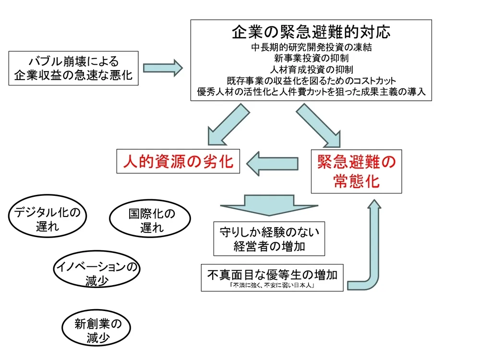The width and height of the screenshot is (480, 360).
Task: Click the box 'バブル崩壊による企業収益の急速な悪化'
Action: [x=73, y=68]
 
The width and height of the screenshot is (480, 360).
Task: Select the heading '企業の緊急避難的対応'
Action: [x=311, y=32]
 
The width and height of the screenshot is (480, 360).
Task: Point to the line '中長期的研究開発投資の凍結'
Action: [x=311, y=48]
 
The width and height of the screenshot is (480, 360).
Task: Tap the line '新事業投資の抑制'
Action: [x=311, y=59]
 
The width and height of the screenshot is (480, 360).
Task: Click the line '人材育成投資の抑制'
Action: [x=311, y=70]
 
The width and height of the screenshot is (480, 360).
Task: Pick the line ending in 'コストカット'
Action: [x=311, y=81]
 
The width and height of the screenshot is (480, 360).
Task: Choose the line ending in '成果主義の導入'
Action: [x=311, y=91]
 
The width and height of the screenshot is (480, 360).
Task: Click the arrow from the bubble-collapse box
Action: [x=163, y=67]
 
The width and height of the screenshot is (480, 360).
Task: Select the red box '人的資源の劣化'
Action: [x=178, y=162]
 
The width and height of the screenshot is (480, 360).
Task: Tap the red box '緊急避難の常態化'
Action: [x=356, y=171]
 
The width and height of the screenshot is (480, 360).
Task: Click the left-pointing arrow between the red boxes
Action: [x=273, y=163]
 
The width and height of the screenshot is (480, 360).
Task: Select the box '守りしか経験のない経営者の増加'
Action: [x=269, y=239]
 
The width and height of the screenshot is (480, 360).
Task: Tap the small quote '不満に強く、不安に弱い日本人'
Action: [x=272, y=286]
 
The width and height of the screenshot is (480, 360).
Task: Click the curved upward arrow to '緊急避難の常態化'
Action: [x=372, y=250]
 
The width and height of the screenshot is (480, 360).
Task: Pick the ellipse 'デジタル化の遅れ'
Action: [x=47, y=219]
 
